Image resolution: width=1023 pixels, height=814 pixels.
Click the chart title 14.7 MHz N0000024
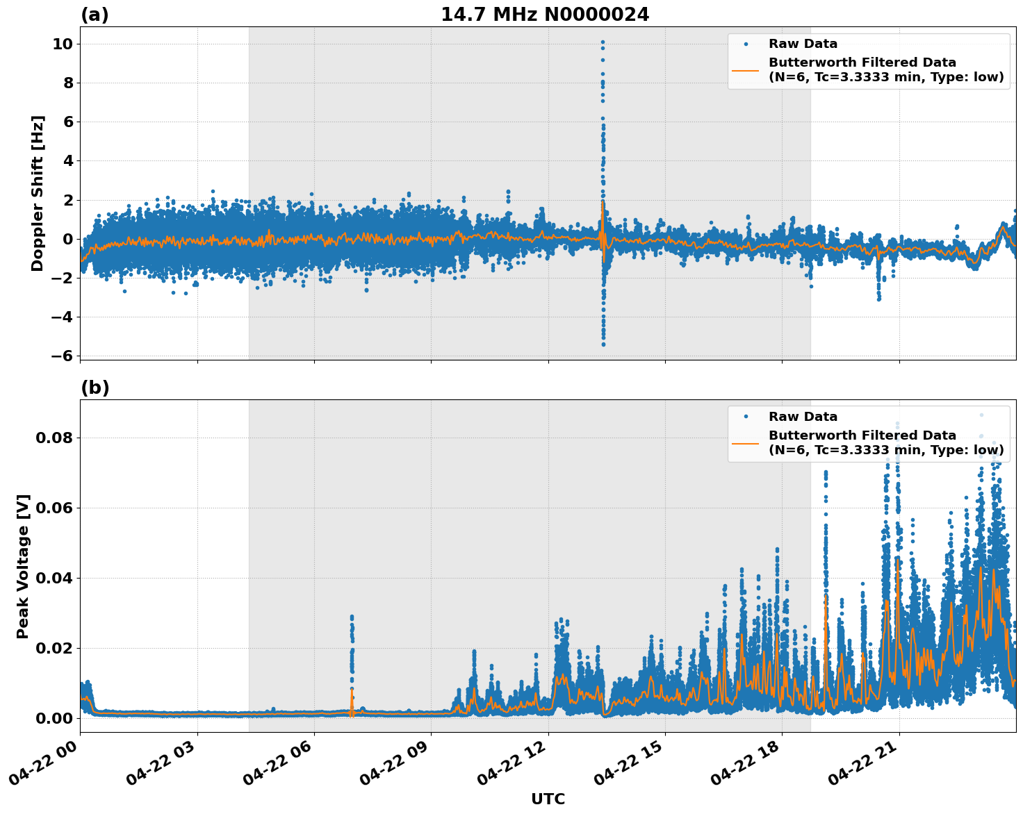click(x=545, y=15)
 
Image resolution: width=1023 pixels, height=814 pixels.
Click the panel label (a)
click(x=95, y=15)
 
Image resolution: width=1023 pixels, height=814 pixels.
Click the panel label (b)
click(x=95, y=388)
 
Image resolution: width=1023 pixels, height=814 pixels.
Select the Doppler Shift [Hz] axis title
click(x=38, y=193)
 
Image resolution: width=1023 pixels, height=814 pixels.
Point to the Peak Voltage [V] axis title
click(x=23, y=566)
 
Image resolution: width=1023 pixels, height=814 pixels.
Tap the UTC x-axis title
click(x=548, y=799)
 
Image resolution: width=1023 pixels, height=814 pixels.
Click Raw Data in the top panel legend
click(x=803, y=44)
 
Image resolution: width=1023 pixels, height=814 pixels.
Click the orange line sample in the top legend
click(x=746, y=69)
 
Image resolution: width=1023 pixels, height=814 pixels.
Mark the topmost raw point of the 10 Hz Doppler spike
click(x=603, y=42)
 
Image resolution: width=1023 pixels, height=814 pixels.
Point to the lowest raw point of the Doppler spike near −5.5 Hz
click(x=603, y=344)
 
